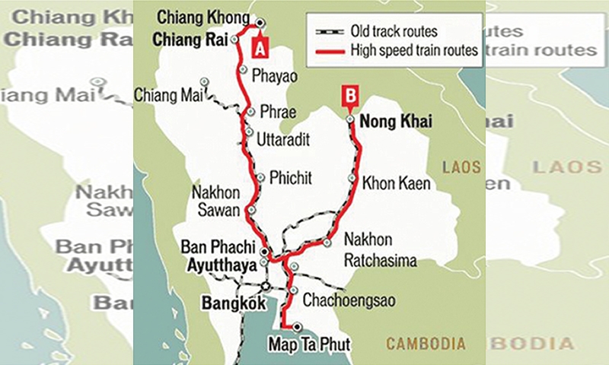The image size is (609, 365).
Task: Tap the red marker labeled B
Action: click(349, 97)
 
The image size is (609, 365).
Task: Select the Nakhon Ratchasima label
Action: click(380, 250)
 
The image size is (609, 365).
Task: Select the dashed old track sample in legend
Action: click(330, 32)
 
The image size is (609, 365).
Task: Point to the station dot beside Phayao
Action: click(242, 69)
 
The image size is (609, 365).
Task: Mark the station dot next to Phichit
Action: click(260, 178)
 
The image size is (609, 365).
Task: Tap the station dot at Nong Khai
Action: click(349, 119)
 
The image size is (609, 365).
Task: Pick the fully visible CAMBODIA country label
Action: click(426, 344)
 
